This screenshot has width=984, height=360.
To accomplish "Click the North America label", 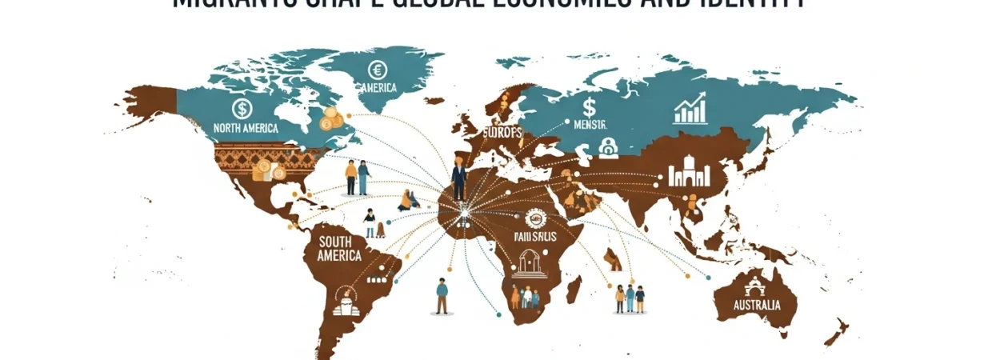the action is (x=246, y=129).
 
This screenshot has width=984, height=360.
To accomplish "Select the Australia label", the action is (x=755, y=306).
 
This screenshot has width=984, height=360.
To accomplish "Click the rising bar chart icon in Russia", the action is (x=690, y=110).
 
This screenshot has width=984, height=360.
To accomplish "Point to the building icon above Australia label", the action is (x=754, y=286).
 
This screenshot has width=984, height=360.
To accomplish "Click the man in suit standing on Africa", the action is (x=458, y=178).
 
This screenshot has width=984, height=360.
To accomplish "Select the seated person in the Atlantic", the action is (x=408, y=201).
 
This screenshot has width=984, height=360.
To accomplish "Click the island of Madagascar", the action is (x=573, y=288).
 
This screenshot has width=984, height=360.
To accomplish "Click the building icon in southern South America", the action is (x=344, y=302).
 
